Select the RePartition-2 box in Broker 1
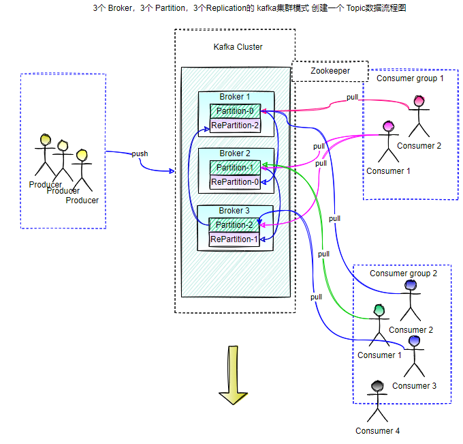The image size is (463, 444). pos(234,125)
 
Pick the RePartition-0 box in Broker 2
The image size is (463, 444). pos(234,182)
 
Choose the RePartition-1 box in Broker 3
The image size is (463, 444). pos(234,239)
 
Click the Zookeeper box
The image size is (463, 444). pos(330,71)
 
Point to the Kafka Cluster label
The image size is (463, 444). pos(238,47)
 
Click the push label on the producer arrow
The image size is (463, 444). pos(140,153)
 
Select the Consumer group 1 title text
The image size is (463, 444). pos(410,78)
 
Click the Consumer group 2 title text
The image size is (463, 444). pos(403,273)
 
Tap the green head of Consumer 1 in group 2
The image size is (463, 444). pos(379,310)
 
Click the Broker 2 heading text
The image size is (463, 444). pos(235,153)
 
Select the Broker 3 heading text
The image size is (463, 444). pos(235,211)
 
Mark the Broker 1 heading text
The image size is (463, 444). pos(235,97)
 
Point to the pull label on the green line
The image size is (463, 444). pos(323,254)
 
